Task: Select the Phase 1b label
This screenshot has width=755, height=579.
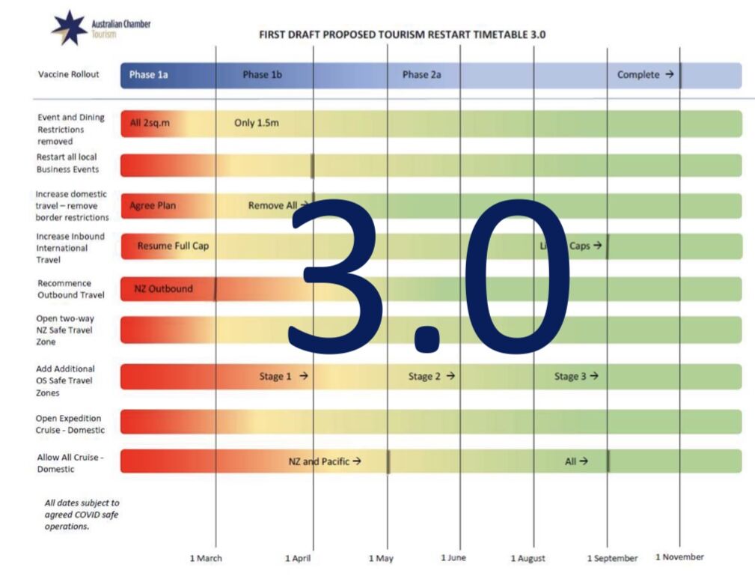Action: tap(262, 75)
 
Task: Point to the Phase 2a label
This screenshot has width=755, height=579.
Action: tap(421, 75)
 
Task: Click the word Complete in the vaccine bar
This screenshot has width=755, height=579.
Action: tap(638, 75)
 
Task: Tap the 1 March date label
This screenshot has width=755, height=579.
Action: tap(206, 558)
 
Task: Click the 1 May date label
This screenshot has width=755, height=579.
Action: tap(381, 558)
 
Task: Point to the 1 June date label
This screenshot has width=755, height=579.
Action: tap(453, 557)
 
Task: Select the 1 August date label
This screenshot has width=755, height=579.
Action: tap(528, 558)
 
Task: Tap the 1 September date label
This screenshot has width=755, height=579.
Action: tap(612, 558)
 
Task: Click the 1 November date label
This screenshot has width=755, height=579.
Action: tap(679, 557)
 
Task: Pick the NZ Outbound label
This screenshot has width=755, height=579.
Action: tap(163, 289)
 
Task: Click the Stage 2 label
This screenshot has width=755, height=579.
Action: tap(424, 377)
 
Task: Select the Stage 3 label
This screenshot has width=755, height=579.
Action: tap(570, 377)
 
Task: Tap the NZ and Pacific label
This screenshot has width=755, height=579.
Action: tap(320, 461)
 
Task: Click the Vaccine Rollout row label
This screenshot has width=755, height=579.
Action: tap(68, 75)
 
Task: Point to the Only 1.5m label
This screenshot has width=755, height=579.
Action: tap(256, 123)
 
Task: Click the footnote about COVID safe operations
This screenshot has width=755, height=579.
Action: tap(82, 515)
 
